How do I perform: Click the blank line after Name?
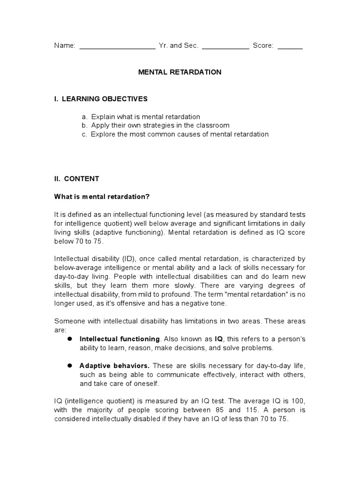click(x=117, y=47)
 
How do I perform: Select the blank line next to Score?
click(x=290, y=47)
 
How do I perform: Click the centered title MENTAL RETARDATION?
click(x=180, y=72)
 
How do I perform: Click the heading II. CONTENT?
click(x=76, y=179)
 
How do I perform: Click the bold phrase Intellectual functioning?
click(x=120, y=338)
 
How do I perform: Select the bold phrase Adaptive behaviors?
click(x=114, y=365)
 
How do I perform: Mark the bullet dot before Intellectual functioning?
click(x=69, y=338)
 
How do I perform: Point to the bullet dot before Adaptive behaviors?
click(x=69, y=365)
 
